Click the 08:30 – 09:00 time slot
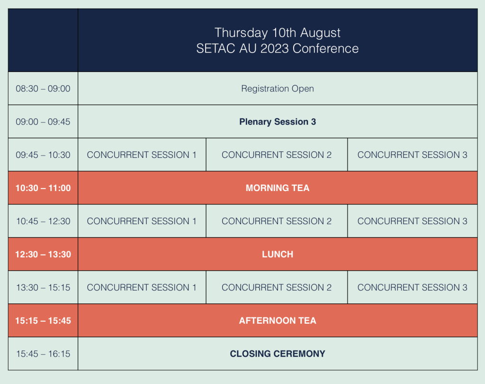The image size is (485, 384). click(x=43, y=89)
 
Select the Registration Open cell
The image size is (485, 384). click(x=278, y=89)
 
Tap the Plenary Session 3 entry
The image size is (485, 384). click(x=278, y=122)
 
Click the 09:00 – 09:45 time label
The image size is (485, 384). click(x=43, y=122)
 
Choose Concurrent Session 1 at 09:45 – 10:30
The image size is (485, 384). click(x=142, y=155)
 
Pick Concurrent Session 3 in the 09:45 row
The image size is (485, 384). click(x=413, y=155)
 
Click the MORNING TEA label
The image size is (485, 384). click(x=278, y=188)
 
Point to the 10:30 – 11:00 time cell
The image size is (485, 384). click(x=43, y=188)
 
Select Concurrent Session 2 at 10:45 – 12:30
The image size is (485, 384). click(x=277, y=221)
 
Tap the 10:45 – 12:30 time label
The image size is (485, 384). click(x=43, y=221)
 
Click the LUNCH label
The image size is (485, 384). click(x=278, y=254)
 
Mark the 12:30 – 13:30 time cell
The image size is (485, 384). click(x=43, y=254)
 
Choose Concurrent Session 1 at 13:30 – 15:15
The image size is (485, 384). click(x=142, y=287)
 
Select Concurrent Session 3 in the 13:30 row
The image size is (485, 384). click(x=413, y=287)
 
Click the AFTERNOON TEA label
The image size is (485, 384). click(x=278, y=320)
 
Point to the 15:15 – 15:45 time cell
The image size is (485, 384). click(x=43, y=320)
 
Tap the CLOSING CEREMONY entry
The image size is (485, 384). click(x=278, y=354)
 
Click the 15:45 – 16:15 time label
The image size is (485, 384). click(x=43, y=354)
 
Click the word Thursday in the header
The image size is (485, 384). click(x=241, y=33)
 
